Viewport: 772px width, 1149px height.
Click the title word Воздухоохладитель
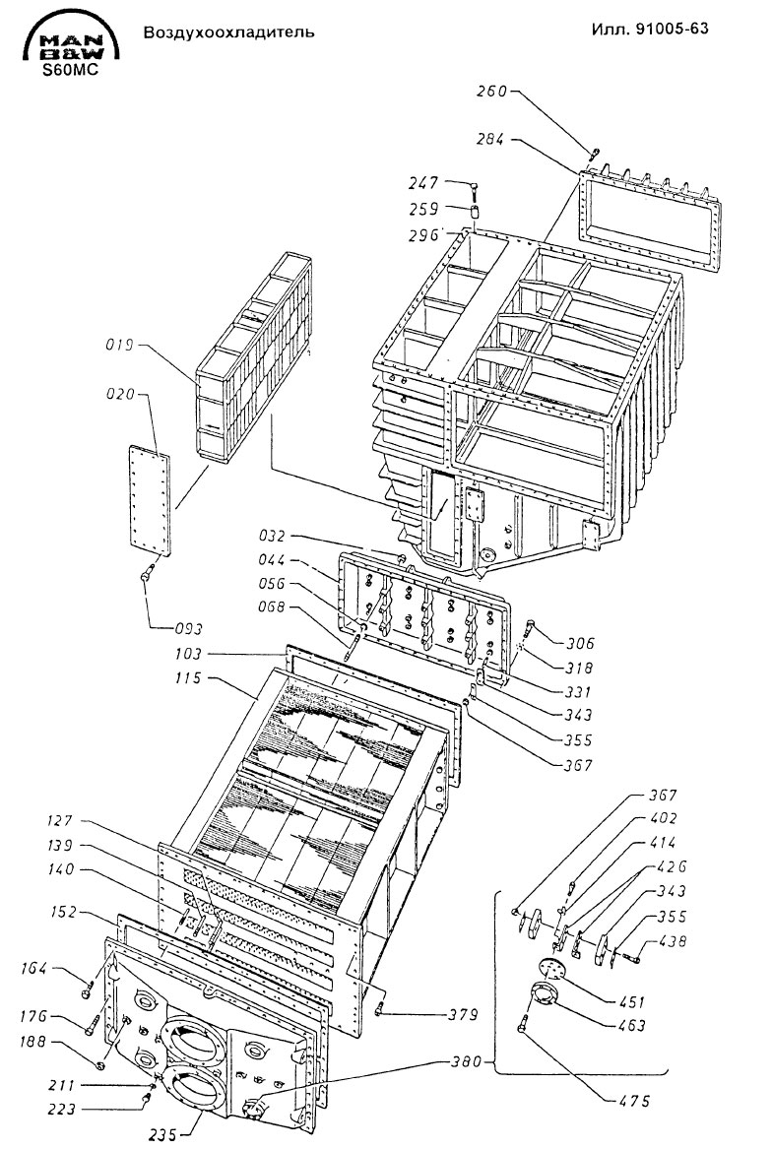point(228,32)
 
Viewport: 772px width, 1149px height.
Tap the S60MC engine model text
point(68,71)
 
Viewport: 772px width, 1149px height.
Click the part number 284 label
point(491,139)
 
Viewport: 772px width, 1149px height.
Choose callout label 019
point(119,346)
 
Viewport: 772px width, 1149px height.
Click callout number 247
point(427,183)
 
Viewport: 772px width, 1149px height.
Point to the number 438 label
point(673,941)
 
